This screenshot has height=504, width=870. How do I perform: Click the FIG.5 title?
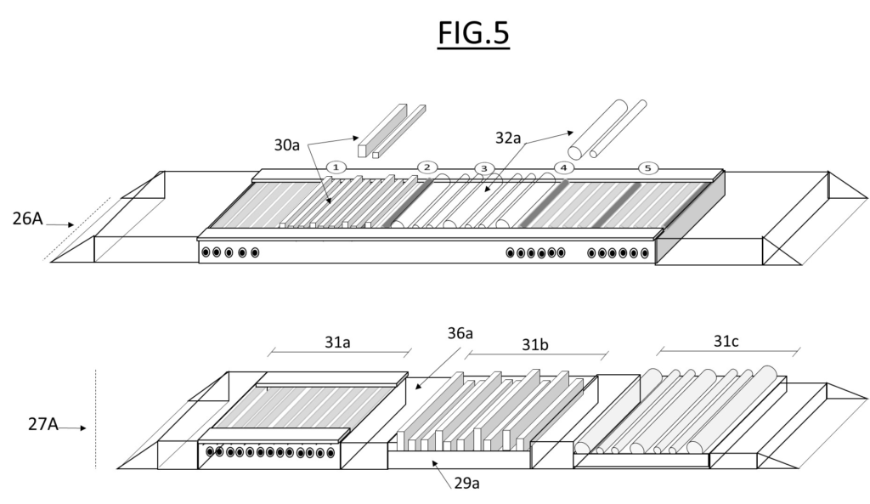point(473,33)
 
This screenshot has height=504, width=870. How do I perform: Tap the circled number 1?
point(336,167)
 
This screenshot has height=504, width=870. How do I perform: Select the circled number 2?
point(427,167)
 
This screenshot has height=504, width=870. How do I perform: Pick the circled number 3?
point(483,168)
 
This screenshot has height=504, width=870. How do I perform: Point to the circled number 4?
point(564,167)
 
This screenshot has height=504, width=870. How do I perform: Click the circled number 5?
point(648,167)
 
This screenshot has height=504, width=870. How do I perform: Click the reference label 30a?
point(287,144)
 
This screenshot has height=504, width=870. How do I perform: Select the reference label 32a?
point(508,138)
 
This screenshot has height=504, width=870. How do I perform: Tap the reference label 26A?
point(28,218)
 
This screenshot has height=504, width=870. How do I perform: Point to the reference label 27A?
point(42,424)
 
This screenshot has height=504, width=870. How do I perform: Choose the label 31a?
point(337,342)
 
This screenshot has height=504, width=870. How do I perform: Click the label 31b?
point(535,345)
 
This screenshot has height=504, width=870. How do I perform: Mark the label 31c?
point(726,341)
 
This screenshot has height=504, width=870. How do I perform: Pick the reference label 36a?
point(460,333)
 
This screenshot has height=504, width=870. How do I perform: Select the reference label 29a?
point(466,483)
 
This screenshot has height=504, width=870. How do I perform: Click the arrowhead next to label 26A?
point(71,224)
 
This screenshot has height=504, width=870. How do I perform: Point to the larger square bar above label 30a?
point(382,130)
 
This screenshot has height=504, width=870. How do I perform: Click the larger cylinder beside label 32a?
point(597,130)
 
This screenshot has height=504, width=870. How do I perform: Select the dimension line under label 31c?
point(728,351)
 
